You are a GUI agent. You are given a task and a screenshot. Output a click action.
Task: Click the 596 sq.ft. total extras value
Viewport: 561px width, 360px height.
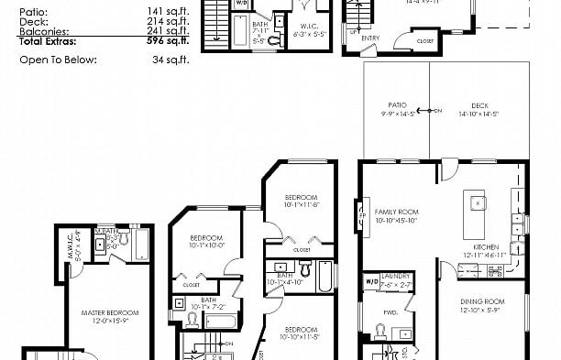[x=170, y=41]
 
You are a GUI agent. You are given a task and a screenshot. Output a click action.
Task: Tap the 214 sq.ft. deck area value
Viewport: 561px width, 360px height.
[x=170, y=21]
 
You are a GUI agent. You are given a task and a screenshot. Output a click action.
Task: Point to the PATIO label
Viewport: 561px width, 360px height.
[x=396, y=105]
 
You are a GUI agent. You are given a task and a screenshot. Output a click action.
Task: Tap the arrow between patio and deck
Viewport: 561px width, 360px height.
[x=436, y=110]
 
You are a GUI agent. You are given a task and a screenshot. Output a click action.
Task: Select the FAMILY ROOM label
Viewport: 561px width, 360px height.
[x=396, y=212]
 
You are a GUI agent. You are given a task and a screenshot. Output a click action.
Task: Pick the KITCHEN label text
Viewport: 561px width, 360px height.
[x=486, y=247]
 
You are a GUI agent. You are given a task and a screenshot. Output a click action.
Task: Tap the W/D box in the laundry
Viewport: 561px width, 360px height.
[x=370, y=282]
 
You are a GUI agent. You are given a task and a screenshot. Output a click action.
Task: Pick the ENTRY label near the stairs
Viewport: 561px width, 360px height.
[x=372, y=38]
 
